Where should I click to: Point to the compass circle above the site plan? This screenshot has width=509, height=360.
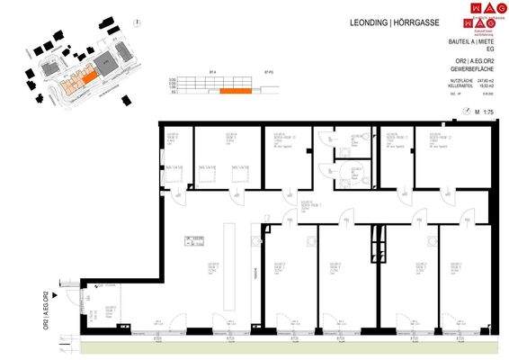coord(133,22)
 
